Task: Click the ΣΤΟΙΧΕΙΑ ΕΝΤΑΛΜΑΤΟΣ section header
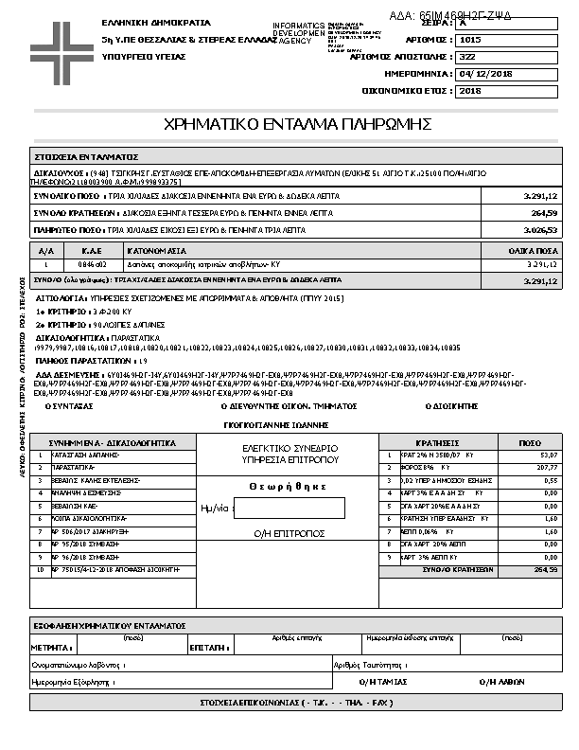click(x=86, y=155)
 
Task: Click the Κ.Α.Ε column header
click(x=91, y=251)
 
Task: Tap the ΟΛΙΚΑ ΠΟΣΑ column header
click(x=532, y=251)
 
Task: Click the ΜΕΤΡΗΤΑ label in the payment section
click(x=52, y=649)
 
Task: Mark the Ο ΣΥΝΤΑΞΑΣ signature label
click(x=70, y=405)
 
